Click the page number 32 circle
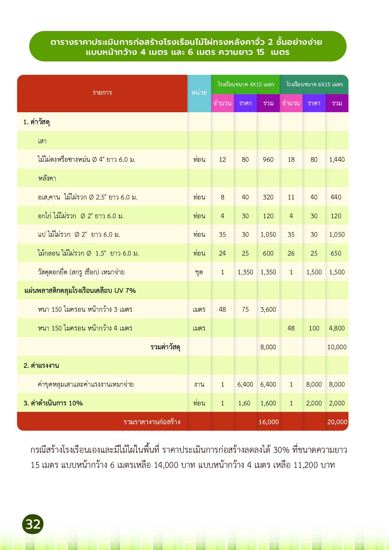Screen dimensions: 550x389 click(x=33, y=524)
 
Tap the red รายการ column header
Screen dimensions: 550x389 click(x=102, y=93)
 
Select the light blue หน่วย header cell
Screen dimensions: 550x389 click(x=199, y=93)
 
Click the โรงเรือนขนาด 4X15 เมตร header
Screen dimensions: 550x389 click(x=246, y=84)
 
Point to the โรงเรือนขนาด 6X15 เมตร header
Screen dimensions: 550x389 click(x=314, y=84)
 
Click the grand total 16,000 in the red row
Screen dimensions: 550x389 click(x=269, y=422)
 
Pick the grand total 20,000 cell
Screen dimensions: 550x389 click(x=337, y=422)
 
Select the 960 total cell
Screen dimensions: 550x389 click(x=268, y=160)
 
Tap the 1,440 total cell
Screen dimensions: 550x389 click(x=337, y=160)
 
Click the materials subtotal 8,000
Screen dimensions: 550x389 click(x=268, y=347)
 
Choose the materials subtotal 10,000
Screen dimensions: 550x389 click(x=337, y=347)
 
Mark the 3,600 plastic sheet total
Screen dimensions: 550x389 click(x=268, y=309)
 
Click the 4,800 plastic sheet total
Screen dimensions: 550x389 click(x=337, y=328)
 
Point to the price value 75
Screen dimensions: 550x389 click(x=245, y=309)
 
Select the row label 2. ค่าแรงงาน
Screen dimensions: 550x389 click(x=41, y=366)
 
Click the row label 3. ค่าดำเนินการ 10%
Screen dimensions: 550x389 click(x=53, y=403)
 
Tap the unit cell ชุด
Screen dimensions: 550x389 click(x=199, y=272)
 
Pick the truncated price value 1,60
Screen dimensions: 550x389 click(x=244, y=403)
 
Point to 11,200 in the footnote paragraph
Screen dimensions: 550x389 click(x=306, y=465)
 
